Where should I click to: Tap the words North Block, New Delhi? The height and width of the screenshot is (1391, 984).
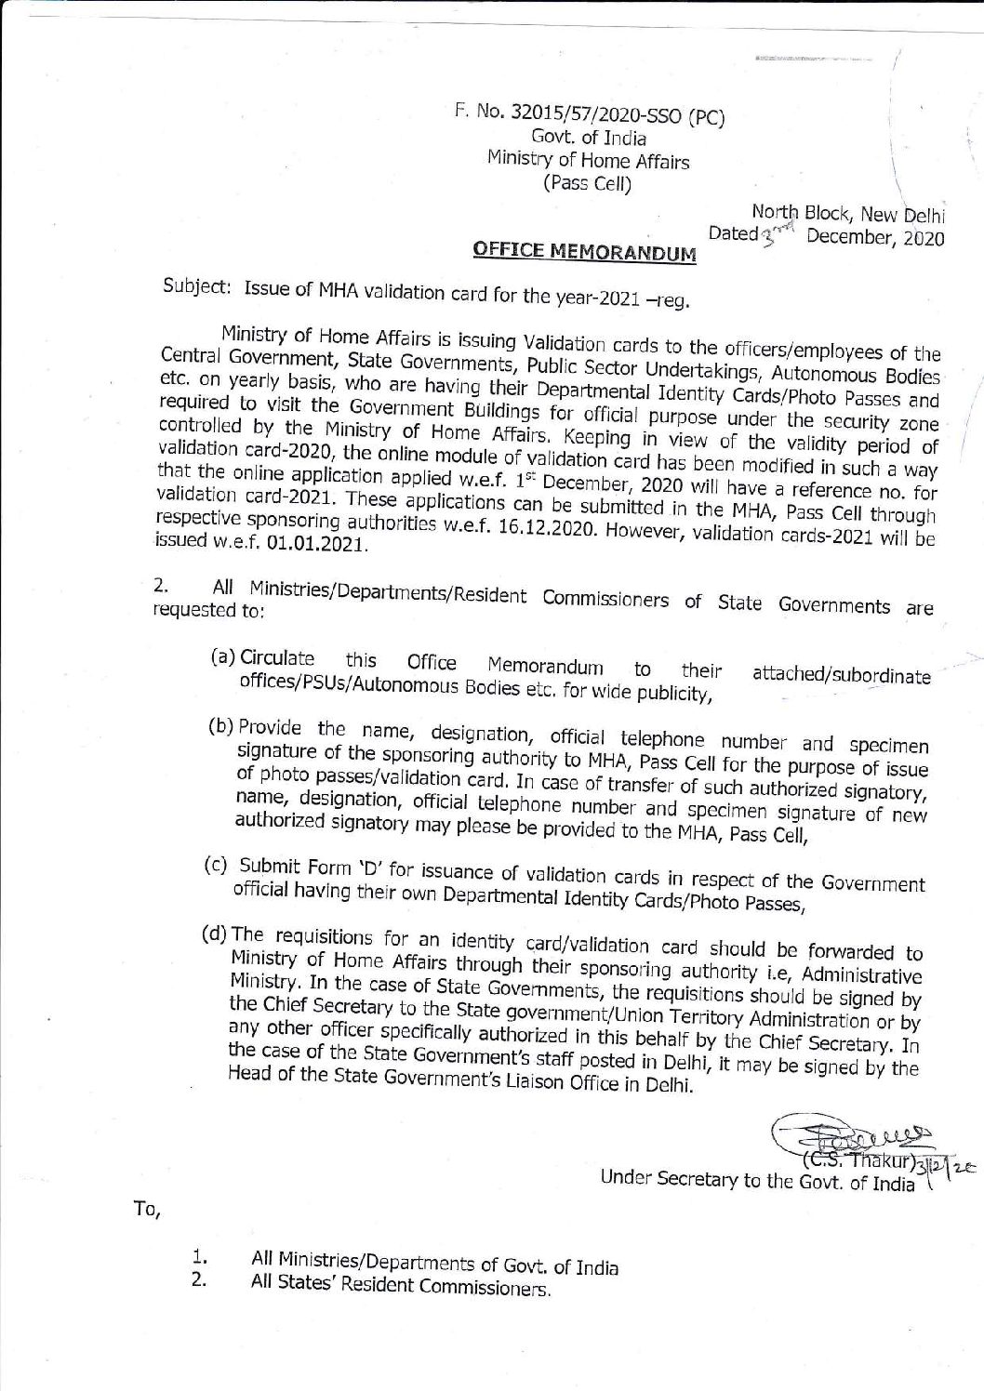[848, 211]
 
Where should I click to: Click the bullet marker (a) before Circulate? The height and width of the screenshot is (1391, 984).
[223, 657]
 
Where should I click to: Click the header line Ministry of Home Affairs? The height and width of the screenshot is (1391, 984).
[588, 160]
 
